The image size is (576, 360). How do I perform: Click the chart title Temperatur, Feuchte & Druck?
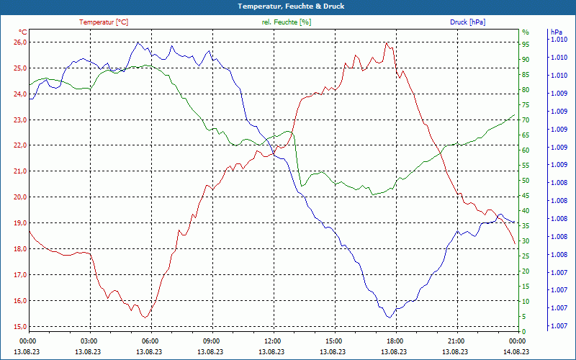click(x=287, y=6)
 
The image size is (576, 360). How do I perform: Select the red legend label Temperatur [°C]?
click(x=104, y=22)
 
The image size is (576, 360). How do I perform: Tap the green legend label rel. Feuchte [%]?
click(x=287, y=22)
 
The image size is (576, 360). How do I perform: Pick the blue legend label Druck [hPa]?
click(x=467, y=22)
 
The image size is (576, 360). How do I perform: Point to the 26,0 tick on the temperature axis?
click(x=19, y=42)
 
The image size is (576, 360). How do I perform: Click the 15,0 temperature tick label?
click(x=19, y=327)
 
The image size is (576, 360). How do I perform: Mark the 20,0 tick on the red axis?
click(x=19, y=197)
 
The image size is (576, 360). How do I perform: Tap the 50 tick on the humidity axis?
click(x=526, y=181)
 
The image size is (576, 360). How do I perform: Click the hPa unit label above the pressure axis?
click(x=556, y=32)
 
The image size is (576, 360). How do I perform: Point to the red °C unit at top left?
click(x=23, y=32)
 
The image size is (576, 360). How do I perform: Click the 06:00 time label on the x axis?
click(x=150, y=341)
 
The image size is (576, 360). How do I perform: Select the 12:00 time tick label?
click(x=273, y=341)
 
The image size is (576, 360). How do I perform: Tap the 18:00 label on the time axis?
click(x=395, y=341)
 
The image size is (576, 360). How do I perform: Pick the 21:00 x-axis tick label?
click(x=456, y=341)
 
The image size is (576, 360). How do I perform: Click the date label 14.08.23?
click(x=517, y=351)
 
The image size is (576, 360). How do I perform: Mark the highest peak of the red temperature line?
click(x=387, y=42)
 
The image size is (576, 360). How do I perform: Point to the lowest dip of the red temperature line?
click(x=145, y=318)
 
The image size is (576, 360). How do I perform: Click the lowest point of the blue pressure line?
click(x=389, y=318)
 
